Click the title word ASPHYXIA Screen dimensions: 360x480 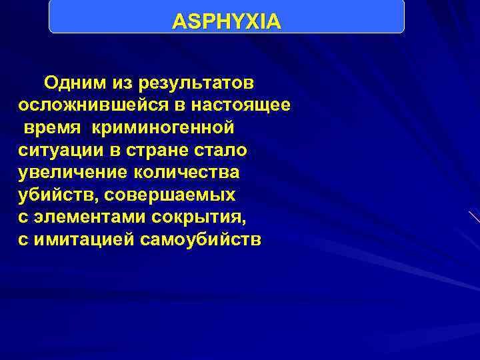[x=227, y=23]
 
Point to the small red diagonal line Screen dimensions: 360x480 [x=474, y=217]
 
